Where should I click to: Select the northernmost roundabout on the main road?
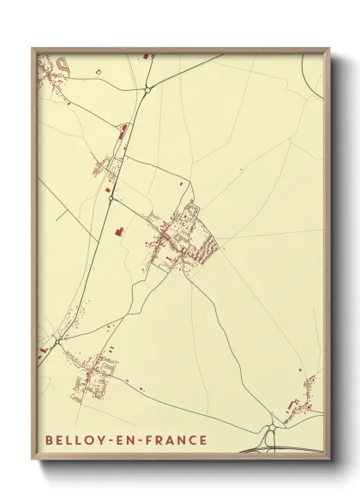tap(148, 88)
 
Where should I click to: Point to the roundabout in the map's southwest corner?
tap(57, 341)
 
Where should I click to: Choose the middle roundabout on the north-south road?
tap(111, 199)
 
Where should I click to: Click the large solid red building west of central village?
tap(119, 231)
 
